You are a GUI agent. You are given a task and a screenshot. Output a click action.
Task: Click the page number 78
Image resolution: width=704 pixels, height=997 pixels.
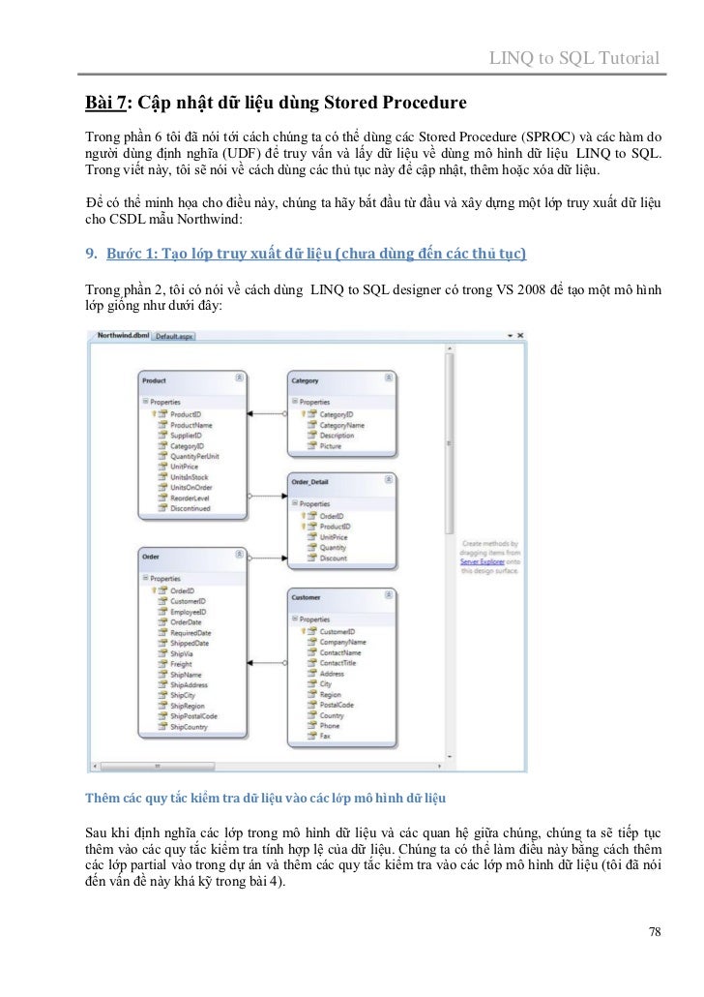pos(655,932)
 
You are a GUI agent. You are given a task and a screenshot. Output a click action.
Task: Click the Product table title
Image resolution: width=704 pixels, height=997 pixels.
pos(155,381)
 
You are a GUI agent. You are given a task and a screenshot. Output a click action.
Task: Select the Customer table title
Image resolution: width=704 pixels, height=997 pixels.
pos(307,598)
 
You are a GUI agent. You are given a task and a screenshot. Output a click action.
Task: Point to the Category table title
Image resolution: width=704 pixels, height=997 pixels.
pos(306,381)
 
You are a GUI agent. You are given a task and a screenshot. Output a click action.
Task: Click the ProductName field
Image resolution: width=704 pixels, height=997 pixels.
pos(191,424)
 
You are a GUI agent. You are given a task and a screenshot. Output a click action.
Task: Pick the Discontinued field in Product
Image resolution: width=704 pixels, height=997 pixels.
pos(191,508)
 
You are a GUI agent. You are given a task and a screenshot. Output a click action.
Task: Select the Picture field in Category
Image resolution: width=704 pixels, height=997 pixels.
pos(331,446)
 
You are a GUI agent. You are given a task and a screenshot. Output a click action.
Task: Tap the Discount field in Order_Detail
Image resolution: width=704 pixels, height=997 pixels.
pos(333,559)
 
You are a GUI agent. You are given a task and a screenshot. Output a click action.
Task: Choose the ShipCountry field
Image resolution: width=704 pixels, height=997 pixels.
pos(189,726)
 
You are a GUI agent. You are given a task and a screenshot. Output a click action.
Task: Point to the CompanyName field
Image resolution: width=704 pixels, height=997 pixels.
pos(343,641)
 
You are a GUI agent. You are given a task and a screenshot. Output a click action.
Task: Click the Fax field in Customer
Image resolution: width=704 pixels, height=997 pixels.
pos(327,736)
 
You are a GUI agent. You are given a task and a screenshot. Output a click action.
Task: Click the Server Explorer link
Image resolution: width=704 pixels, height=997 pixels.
pos(482,560)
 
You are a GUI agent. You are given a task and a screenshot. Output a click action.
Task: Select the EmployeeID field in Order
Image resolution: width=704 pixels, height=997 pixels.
pos(188,612)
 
